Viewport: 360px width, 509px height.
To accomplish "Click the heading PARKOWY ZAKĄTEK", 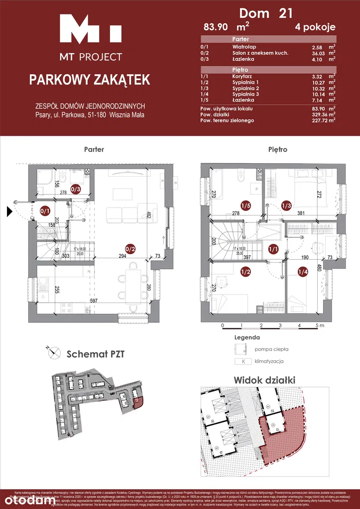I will pyautogui.click(x=90, y=80).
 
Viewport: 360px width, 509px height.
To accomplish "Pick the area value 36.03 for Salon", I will pyautogui.click(x=317, y=53).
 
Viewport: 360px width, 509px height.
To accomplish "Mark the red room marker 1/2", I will pyautogui.click(x=245, y=272).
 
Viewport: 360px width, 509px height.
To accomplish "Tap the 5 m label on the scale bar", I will pyautogui.click(x=319, y=326).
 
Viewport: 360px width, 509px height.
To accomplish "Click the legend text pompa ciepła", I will pyautogui.click(x=271, y=350).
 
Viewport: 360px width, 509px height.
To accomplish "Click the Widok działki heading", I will pyautogui.click(x=264, y=380).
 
